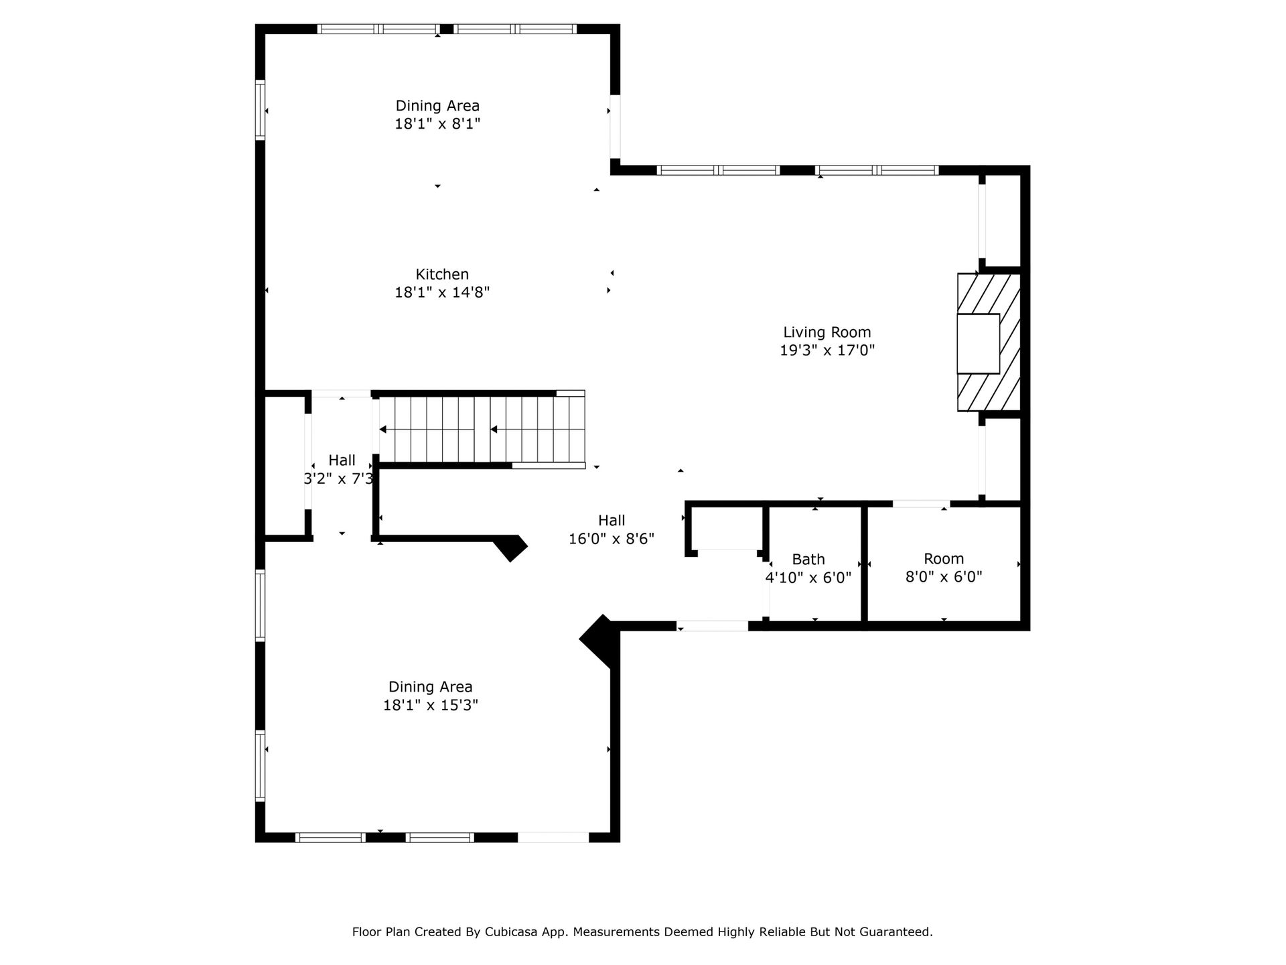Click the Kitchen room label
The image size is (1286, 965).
(442, 274)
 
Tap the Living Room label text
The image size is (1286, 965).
(827, 332)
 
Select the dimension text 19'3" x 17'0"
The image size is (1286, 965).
(827, 350)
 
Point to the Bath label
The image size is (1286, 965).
(808, 560)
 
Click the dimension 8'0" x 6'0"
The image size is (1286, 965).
(944, 577)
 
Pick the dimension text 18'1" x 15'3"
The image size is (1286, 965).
(431, 705)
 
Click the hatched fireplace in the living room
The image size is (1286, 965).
(989, 342)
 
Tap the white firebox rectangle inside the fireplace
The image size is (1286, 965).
(978, 343)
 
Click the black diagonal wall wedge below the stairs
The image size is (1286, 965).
(510, 547)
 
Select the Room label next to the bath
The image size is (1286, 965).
(944, 559)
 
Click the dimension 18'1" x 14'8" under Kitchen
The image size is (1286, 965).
(442, 292)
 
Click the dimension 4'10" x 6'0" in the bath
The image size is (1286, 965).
(808, 578)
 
